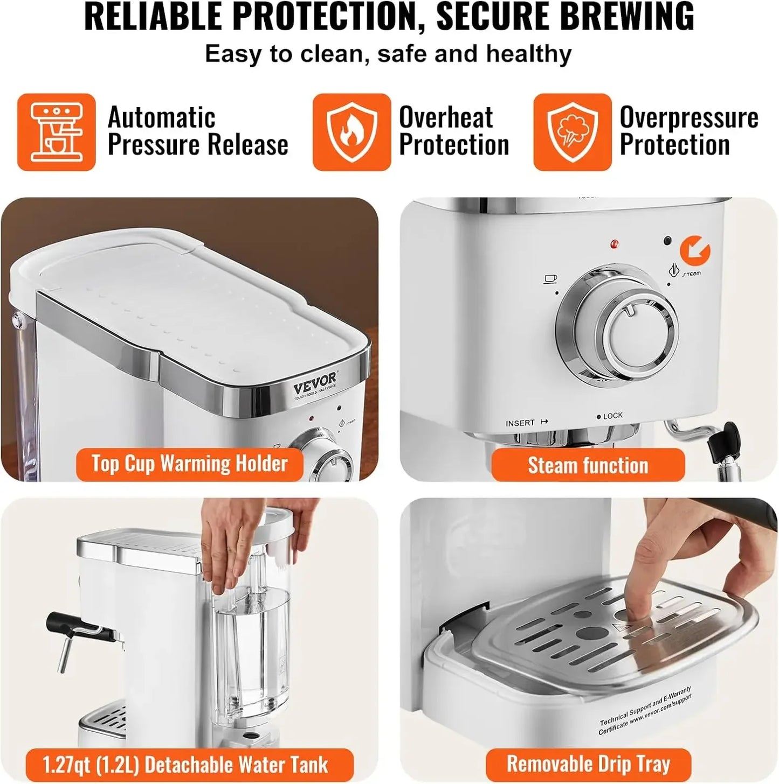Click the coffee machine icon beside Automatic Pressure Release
(56, 132)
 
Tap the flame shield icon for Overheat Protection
(351, 132)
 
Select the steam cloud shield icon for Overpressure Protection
(572, 132)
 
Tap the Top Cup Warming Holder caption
(189, 464)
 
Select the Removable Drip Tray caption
(588, 764)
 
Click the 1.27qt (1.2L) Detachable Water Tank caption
(185, 765)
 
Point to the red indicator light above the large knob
(614, 244)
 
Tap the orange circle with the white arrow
(695, 250)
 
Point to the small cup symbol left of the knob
(550, 278)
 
